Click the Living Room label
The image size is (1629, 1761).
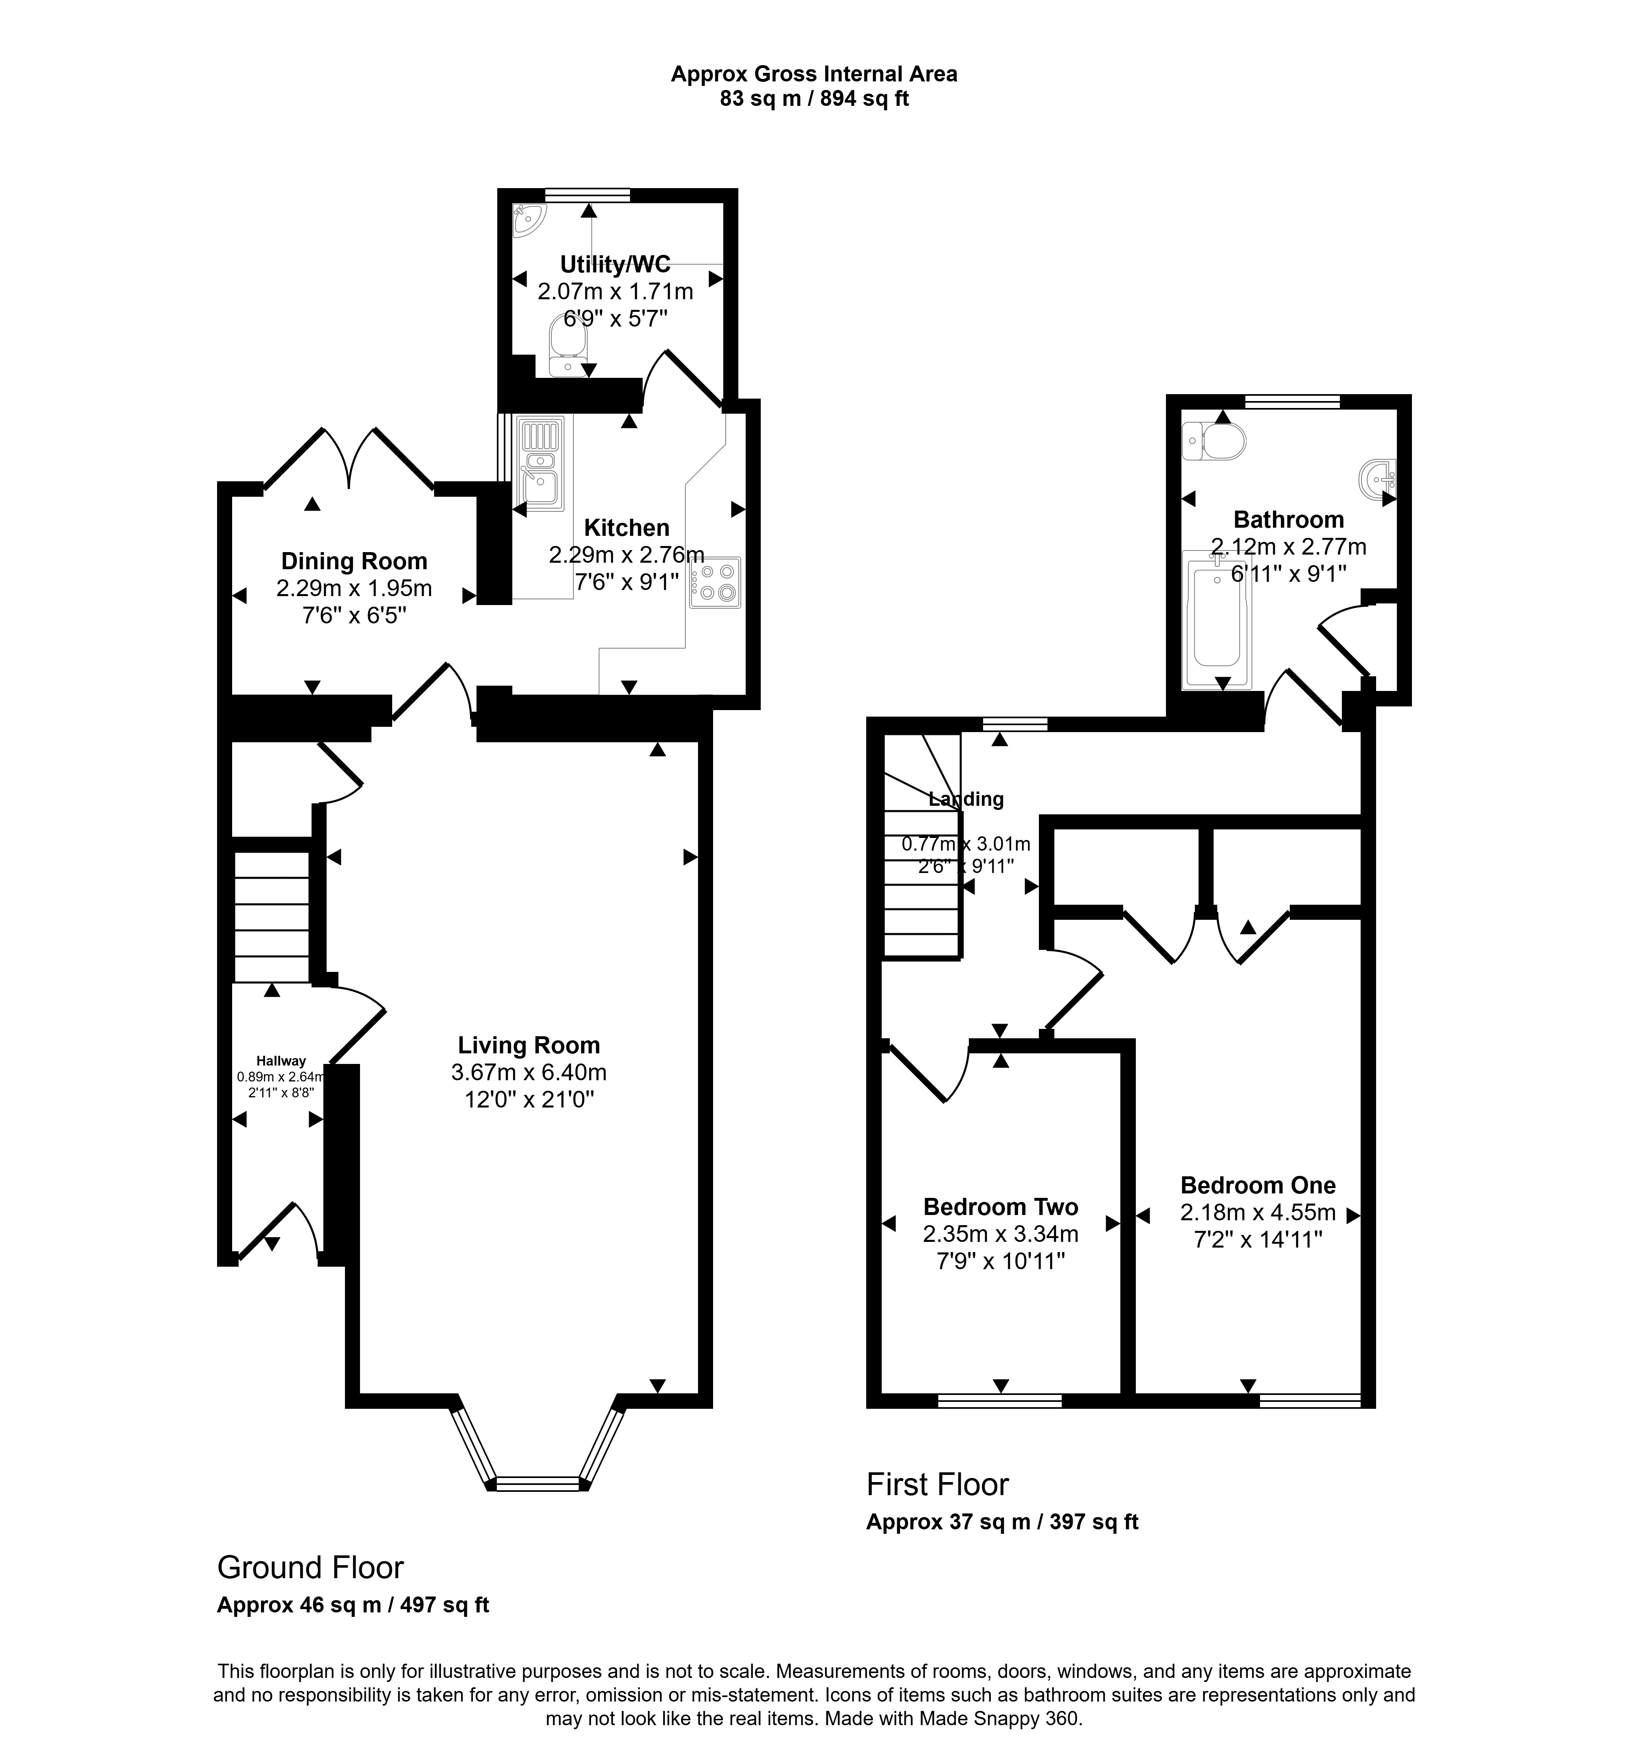(529, 1045)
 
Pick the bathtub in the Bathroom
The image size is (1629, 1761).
(1216, 620)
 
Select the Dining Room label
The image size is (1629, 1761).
(354, 561)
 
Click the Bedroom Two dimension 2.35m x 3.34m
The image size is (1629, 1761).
(1001, 1234)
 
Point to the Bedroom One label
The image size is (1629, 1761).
(1258, 1185)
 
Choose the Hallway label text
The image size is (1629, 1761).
(281, 1061)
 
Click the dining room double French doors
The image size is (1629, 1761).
(349, 458)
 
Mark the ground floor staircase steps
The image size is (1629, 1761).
(272, 917)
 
